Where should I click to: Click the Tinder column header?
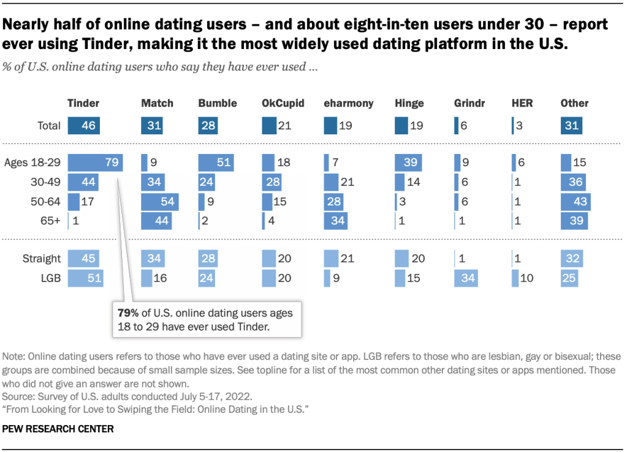click(83, 103)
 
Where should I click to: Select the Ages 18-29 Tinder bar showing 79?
click(95, 163)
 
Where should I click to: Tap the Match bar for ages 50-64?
click(159, 202)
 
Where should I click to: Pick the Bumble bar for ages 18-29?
click(216, 163)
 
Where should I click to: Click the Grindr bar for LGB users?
click(466, 278)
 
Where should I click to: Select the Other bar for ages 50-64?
click(576, 202)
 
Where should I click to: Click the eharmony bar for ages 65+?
click(335, 221)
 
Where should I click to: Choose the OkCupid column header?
click(283, 103)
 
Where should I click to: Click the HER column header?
click(522, 103)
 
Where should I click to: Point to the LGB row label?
click(51, 278)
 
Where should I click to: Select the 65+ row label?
click(50, 221)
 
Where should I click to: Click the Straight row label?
click(43, 258)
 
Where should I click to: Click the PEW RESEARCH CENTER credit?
click(58, 429)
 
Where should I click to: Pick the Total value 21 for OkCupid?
click(284, 126)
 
